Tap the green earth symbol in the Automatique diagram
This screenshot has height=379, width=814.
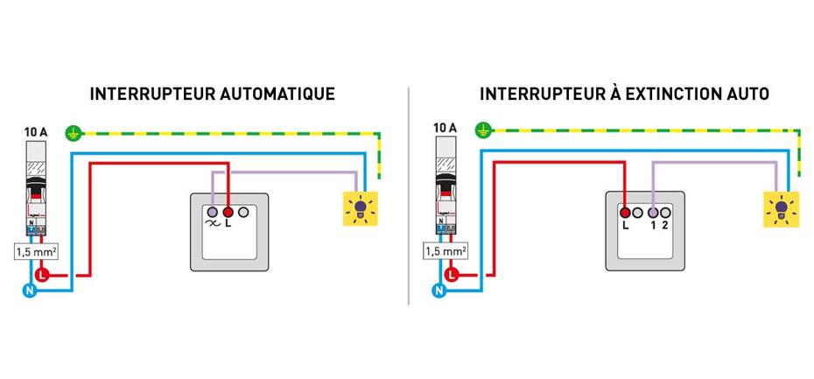coord(74,134)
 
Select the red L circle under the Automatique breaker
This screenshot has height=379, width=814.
coord(42,277)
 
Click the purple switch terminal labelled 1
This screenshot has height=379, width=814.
coord(653,211)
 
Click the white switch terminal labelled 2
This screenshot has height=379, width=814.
coord(666,211)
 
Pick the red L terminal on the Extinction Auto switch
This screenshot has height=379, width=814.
coord(625,211)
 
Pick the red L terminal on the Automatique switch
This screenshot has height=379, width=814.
coord(228,212)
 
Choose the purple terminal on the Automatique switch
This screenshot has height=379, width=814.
coord(214,212)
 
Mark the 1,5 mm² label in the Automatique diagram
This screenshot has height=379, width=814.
coord(38,251)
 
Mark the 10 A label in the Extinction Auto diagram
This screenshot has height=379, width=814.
coord(446,128)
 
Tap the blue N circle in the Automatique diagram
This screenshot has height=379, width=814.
coord(26,290)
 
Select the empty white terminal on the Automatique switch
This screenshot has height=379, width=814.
coord(242,212)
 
